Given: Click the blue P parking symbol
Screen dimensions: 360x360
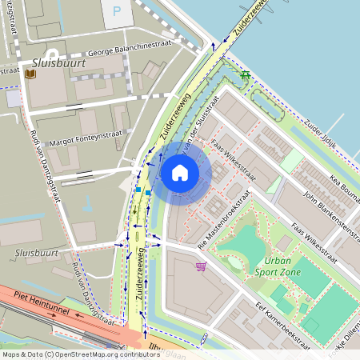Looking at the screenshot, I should [x=118, y=12].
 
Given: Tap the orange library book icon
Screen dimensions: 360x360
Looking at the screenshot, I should [x=30, y=74].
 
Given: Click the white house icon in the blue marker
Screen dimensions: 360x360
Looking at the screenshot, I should [x=180, y=172].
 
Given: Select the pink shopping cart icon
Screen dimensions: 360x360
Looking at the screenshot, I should [x=200, y=266].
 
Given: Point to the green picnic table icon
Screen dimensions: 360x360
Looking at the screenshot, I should [x=246, y=76].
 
